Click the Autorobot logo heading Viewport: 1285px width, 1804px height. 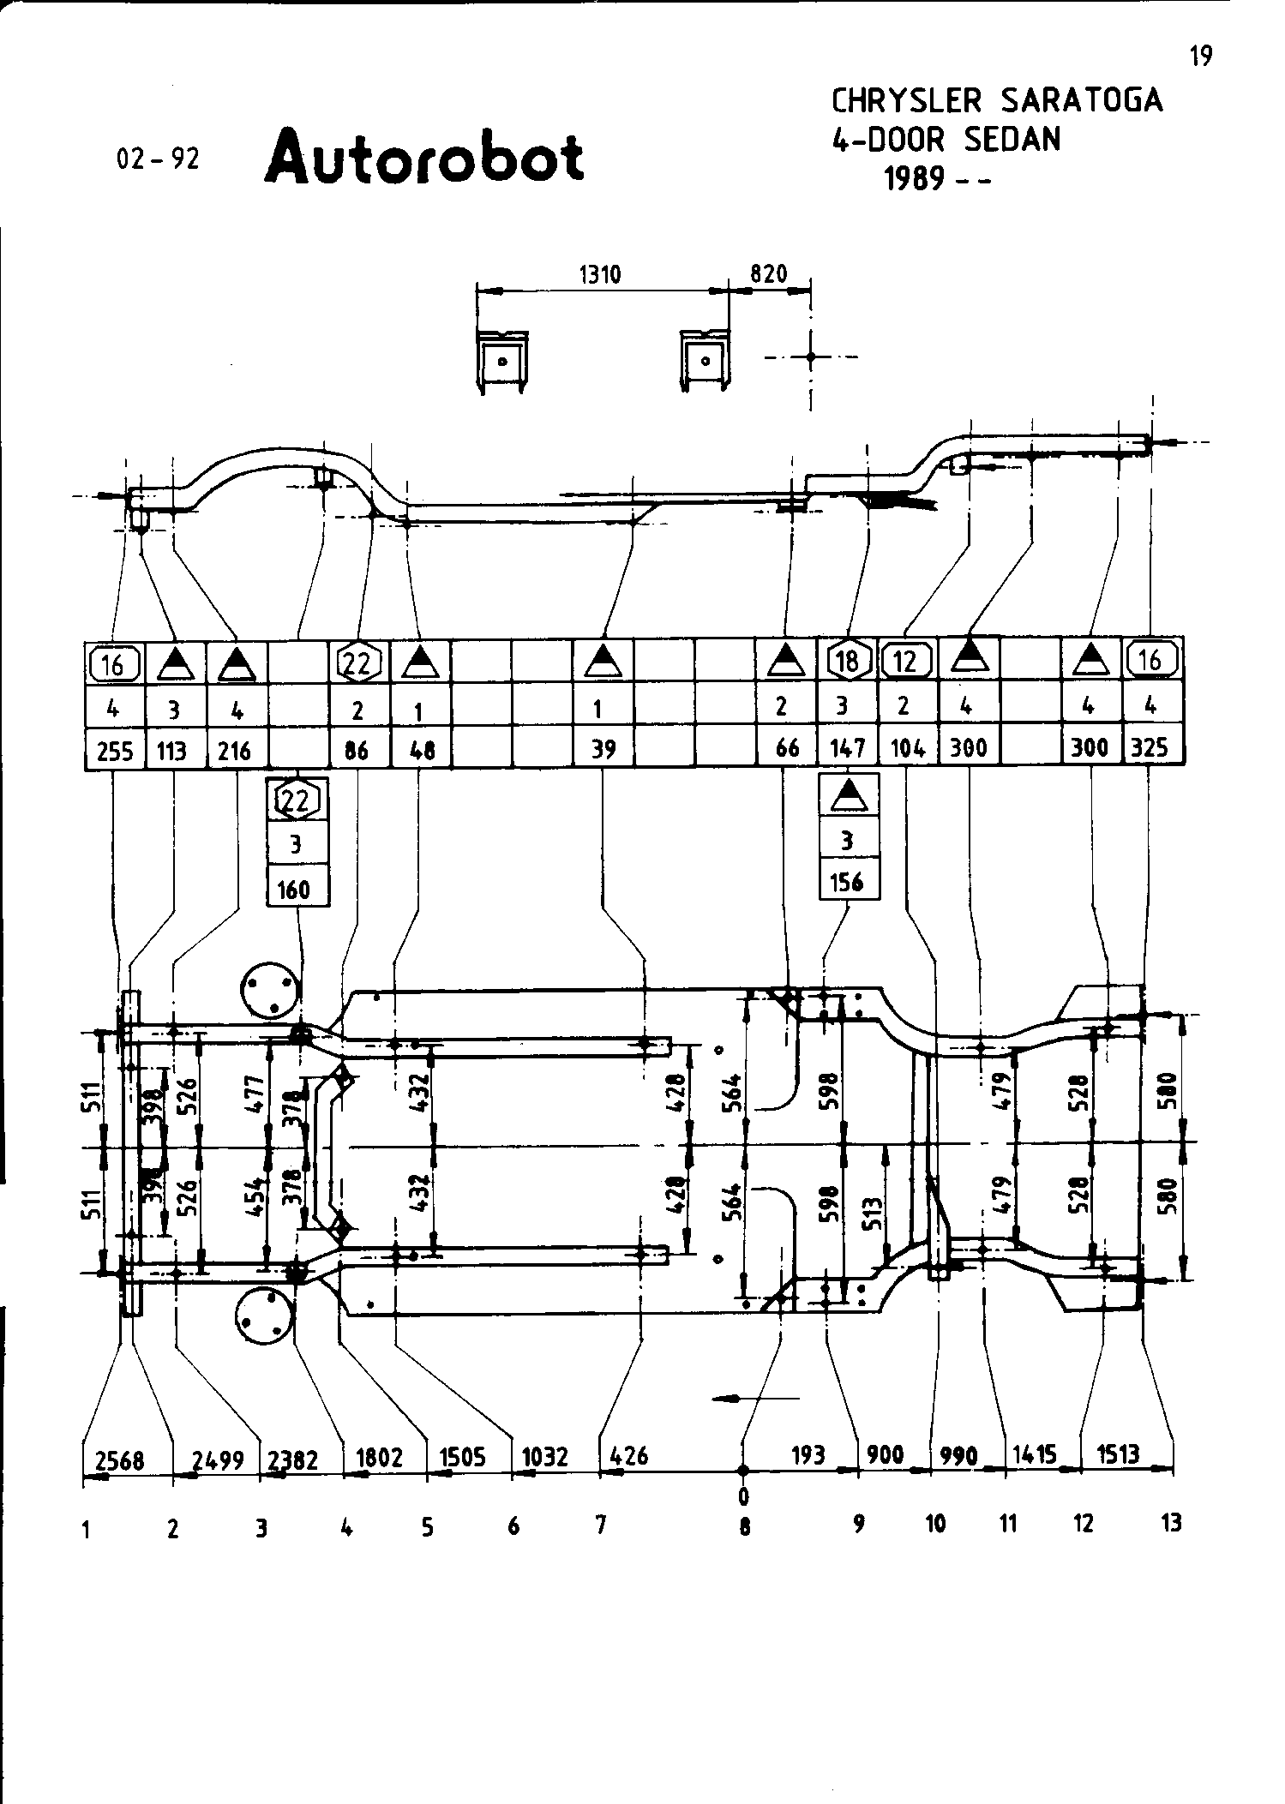coord(425,157)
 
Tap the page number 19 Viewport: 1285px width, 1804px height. coord(1201,57)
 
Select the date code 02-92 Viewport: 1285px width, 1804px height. coord(158,159)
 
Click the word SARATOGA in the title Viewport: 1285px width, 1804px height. coord(1081,101)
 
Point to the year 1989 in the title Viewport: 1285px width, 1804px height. coord(915,178)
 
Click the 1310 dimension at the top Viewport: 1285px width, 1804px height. coord(600,274)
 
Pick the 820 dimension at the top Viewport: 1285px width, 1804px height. coord(768,274)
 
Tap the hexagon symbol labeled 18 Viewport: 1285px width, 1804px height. coord(847,661)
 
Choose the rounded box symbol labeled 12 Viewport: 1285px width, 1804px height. coord(907,661)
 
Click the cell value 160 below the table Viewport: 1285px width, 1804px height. coord(294,890)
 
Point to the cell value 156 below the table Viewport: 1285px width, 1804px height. coord(847,882)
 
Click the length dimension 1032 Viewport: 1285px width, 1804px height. coord(545,1457)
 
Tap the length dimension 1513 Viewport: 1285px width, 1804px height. coord(1119,1453)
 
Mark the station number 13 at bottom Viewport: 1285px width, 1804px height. coord(1171,1523)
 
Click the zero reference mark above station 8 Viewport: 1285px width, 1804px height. coord(743,1496)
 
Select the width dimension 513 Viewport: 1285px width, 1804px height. coord(874,1214)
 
